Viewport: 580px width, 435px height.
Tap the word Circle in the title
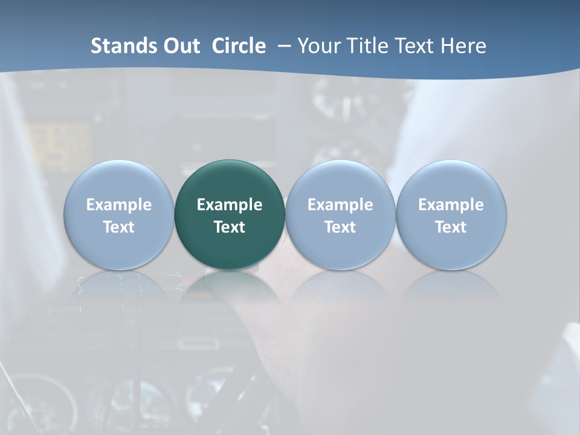(239, 46)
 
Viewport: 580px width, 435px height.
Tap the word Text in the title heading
(416, 46)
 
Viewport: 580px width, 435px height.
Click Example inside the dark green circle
(230, 205)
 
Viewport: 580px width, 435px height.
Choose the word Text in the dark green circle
(230, 227)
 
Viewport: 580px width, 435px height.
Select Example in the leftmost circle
(119, 205)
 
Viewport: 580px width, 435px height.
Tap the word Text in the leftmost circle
(119, 227)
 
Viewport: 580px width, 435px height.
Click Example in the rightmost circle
(451, 205)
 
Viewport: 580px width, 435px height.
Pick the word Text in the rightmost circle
(451, 227)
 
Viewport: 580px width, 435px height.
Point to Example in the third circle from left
(340, 205)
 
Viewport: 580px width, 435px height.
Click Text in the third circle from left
(340, 227)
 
